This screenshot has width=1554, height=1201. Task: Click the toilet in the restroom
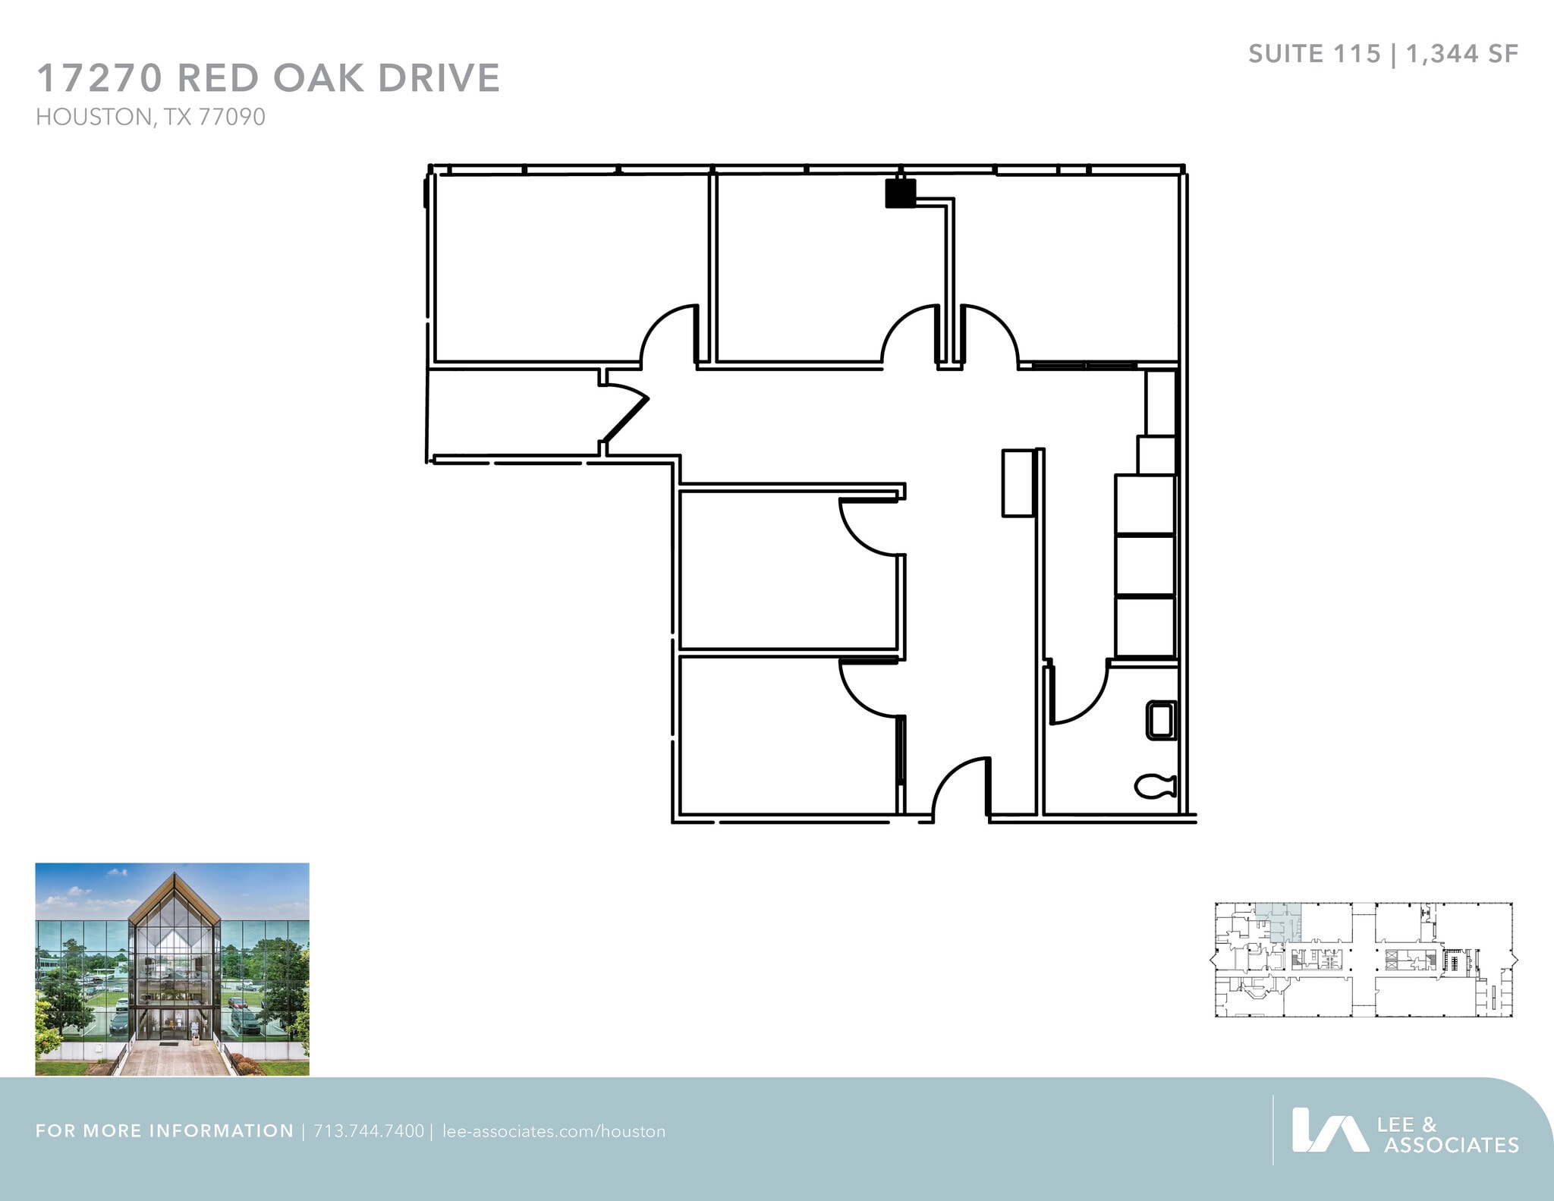(x=1156, y=786)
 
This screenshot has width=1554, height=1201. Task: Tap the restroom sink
(x=1160, y=720)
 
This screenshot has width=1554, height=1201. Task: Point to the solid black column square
(x=901, y=193)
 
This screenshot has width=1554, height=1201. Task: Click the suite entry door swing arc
(x=960, y=789)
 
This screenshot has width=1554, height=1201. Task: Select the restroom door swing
(x=1077, y=694)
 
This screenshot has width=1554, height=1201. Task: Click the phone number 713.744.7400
(x=369, y=1131)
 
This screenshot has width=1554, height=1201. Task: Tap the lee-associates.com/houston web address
(x=554, y=1131)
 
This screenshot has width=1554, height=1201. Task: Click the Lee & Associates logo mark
(x=1329, y=1130)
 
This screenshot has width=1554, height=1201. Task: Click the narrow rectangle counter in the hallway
(x=1018, y=483)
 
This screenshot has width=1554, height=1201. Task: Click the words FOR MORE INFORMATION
(x=164, y=1131)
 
